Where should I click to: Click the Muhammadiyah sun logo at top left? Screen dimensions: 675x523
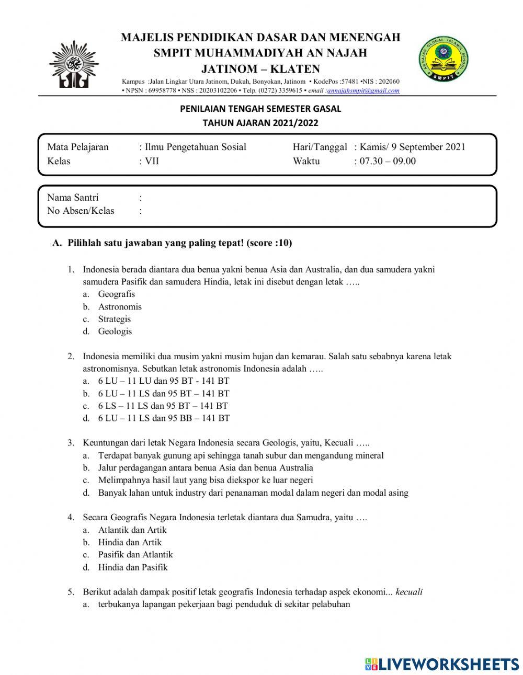coord(73,65)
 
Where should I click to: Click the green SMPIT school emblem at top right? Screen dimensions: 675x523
coord(444,59)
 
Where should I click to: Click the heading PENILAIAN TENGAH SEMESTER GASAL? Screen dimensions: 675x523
coord(260,109)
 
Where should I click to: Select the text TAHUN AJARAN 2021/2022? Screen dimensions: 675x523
coord(260,123)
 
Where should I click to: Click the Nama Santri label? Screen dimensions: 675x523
coord(73,198)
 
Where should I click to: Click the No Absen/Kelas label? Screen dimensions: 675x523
coord(81,211)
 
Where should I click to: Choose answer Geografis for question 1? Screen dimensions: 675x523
coord(116,294)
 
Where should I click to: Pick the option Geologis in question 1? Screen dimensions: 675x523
coord(115,331)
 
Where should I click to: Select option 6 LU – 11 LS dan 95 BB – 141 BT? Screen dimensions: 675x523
coord(164,418)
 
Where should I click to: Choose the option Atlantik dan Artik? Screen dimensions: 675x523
coord(132,530)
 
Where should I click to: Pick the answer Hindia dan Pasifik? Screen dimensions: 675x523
coord(133,567)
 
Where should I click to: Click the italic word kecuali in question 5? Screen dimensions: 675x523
coord(409,592)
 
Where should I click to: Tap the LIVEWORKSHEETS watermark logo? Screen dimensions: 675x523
coord(442,663)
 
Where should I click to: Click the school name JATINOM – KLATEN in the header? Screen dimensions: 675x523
coord(260,69)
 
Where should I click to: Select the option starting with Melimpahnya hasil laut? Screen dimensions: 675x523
coord(206,480)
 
